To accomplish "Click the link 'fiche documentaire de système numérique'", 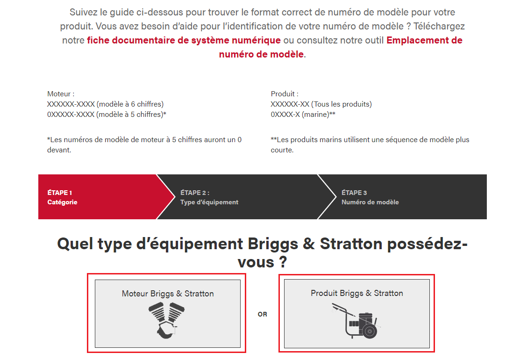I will [x=184, y=40].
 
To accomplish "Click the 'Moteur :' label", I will [x=61, y=94].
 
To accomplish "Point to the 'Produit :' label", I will [x=285, y=94].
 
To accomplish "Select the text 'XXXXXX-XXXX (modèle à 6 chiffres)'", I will [x=105, y=104].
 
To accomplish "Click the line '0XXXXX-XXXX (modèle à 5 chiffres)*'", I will [x=107, y=114].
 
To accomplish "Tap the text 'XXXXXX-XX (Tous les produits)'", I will [x=321, y=104].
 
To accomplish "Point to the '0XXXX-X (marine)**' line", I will [x=303, y=114].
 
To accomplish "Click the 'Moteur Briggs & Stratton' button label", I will [x=168, y=294].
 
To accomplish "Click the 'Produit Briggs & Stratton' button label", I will [x=357, y=293].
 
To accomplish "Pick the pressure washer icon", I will [x=356, y=321].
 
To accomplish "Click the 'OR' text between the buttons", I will [x=263, y=314].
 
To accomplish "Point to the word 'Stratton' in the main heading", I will [x=357, y=244].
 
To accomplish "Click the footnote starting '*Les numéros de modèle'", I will [x=144, y=144].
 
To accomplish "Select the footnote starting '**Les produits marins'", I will [x=370, y=144].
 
